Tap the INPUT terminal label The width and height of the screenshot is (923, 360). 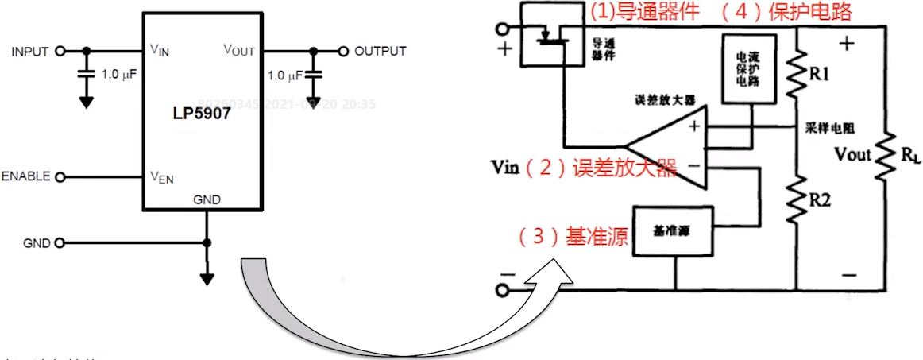pyautogui.click(x=30, y=52)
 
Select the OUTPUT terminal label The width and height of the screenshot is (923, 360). pyautogui.click(x=380, y=52)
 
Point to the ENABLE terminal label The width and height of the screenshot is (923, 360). pyautogui.click(x=25, y=176)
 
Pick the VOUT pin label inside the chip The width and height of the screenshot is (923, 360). pyautogui.click(x=238, y=51)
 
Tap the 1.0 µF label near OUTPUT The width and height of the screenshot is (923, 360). pyautogui.click(x=285, y=75)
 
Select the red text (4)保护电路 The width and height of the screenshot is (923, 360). pyautogui.click(x=794, y=12)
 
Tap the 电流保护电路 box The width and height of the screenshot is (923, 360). pyautogui.click(x=750, y=68)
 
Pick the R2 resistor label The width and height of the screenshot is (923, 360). pyautogui.click(x=820, y=200)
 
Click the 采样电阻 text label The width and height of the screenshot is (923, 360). pyautogui.click(x=826, y=127)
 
